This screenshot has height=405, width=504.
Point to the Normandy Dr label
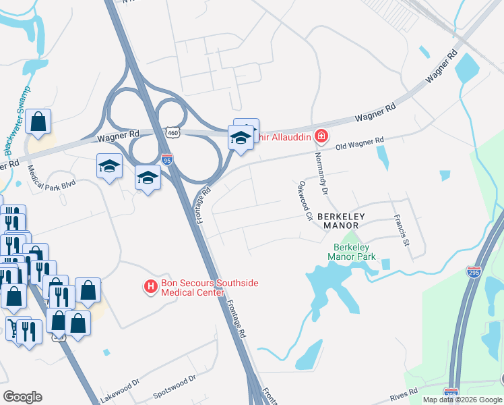320,173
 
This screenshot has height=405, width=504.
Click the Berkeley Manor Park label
350,251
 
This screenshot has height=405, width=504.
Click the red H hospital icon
151,288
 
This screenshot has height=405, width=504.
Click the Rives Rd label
404,391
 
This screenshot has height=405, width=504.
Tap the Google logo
22,397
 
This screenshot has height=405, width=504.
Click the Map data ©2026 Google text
463,400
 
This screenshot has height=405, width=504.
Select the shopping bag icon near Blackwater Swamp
39,122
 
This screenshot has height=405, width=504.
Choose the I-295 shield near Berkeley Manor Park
474,272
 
